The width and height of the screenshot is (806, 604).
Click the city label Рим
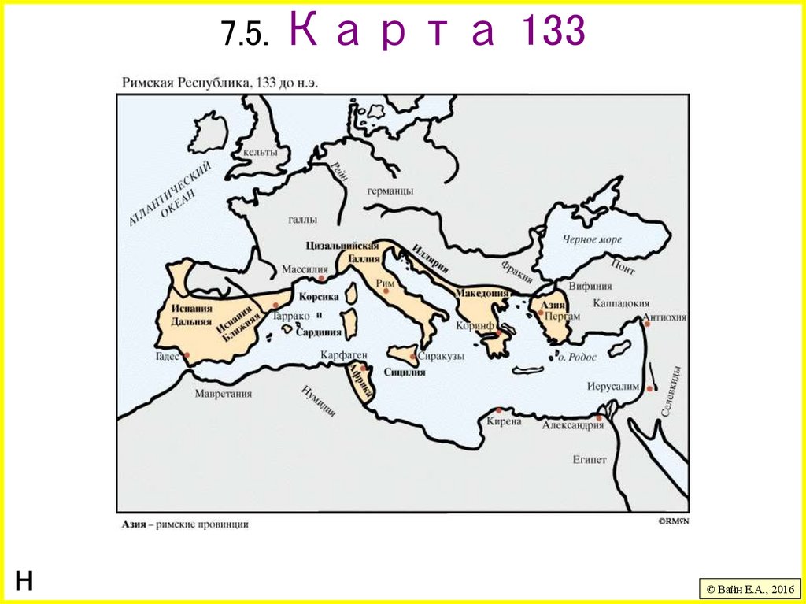pos(386,283)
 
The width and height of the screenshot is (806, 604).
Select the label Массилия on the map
pos(305,269)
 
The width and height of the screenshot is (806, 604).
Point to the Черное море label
pos(592,239)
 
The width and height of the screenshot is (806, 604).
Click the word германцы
pos(390,191)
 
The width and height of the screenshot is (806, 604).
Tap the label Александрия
pos(573,425)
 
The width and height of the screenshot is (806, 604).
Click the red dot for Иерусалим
pos(649,388)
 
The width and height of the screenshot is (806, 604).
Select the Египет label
pos(590,459)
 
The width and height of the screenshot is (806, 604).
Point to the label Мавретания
pos(224,394)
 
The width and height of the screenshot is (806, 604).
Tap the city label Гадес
pos(169,357)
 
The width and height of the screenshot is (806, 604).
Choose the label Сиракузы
pos(440,356)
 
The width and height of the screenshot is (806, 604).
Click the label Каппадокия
pos(621,302)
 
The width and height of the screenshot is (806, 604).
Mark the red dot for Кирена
pos(499,409)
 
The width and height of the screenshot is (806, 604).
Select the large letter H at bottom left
pos(24,581)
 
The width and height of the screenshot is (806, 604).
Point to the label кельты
pos(261,152)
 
